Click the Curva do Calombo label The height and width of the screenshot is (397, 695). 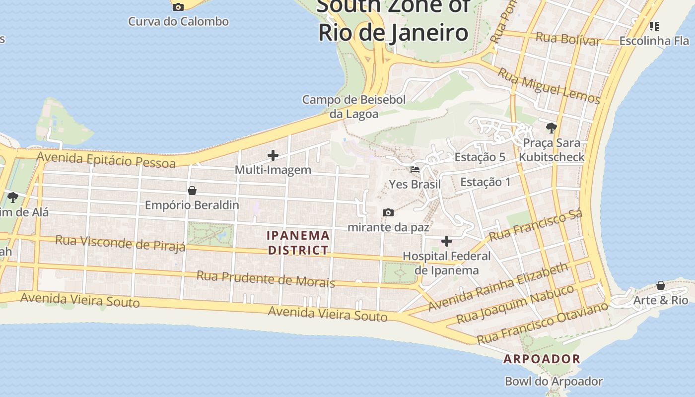178,21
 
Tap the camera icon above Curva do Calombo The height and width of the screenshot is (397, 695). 178,7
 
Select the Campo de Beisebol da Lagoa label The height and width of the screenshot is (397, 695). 354,107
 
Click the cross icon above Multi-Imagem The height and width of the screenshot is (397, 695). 273,155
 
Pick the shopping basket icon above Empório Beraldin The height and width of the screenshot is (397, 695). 192,191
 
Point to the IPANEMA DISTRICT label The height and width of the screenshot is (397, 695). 298,243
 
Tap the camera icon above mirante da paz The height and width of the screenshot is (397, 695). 388,213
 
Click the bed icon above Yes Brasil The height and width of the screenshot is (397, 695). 415,170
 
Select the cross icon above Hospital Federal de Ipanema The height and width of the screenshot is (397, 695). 447,242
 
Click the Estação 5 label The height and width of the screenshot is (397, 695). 480,157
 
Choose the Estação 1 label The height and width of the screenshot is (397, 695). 485,182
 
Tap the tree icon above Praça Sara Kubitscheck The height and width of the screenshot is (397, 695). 551,128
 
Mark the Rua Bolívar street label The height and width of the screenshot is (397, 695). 568,38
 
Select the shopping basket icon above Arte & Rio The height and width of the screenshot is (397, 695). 661,285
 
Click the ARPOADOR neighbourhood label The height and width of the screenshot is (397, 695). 542,359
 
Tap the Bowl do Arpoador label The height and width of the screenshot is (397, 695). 554,382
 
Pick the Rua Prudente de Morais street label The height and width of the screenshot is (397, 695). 266,279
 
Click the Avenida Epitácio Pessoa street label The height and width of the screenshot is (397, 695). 106,160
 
